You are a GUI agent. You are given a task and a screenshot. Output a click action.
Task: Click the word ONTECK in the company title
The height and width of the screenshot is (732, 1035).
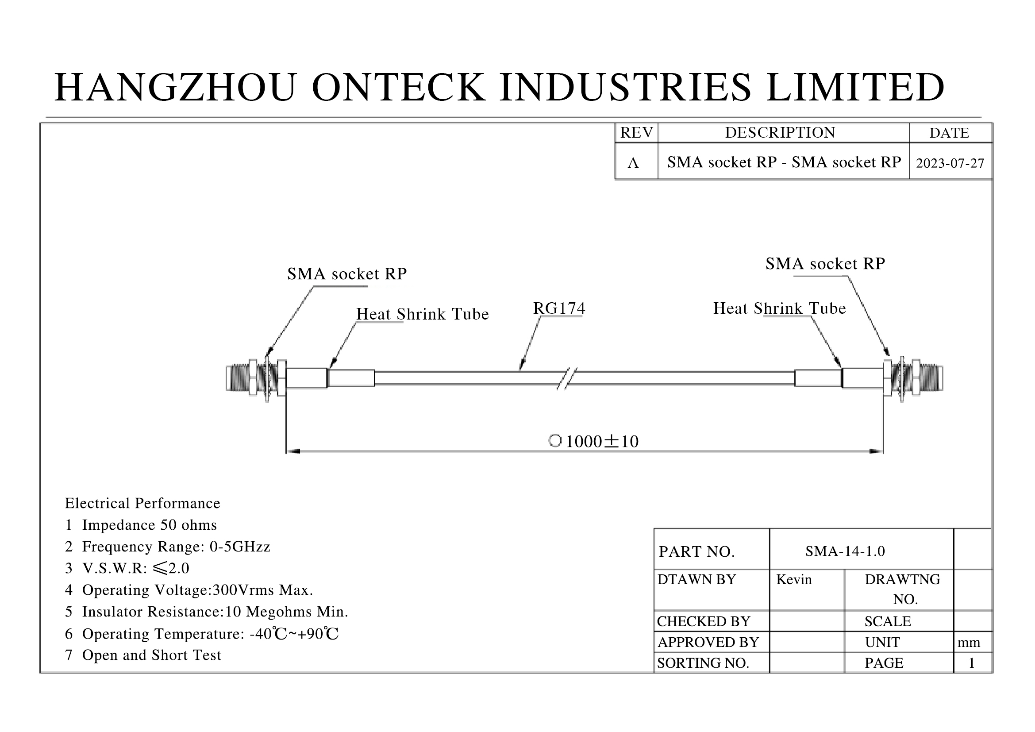(x=399, y=87)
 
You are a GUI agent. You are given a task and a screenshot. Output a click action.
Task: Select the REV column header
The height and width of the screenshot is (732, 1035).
(x=636, y=132)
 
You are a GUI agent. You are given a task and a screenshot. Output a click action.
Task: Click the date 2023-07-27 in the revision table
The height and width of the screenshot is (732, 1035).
(x=950, y=163)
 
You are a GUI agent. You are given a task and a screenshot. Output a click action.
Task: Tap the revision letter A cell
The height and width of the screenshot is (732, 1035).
(x=633, y=162)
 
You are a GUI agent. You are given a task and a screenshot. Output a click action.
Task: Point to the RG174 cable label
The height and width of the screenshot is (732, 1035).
(x=559, y=308)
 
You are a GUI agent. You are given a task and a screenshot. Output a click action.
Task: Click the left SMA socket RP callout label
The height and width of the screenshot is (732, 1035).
(x=346, y=274)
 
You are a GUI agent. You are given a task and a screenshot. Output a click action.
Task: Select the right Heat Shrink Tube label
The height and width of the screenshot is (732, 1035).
(x=779, y=308)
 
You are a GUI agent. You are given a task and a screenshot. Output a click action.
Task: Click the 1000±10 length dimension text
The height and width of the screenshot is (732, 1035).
(x=601, y=441)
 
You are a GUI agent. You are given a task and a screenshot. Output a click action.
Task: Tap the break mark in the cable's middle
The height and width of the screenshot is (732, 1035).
(x=567, y=378)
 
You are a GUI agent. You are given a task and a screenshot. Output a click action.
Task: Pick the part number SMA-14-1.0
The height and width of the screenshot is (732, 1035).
(x=845, y=551)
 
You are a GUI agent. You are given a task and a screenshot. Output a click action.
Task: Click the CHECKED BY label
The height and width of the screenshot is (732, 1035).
(x=703, y=621)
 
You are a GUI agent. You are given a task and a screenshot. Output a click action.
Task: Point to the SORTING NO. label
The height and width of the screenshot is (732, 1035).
(x=703, y=663)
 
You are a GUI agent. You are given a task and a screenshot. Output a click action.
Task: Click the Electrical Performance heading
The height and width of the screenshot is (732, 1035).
(x=142, y=503)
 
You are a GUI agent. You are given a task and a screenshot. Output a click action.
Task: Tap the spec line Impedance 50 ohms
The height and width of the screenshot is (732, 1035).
(x=149, y=525)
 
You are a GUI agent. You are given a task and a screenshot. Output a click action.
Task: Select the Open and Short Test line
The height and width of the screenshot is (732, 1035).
(x=151, y=655)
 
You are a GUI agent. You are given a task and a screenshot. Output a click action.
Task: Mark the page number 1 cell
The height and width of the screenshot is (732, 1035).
(x=971, y=663)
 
